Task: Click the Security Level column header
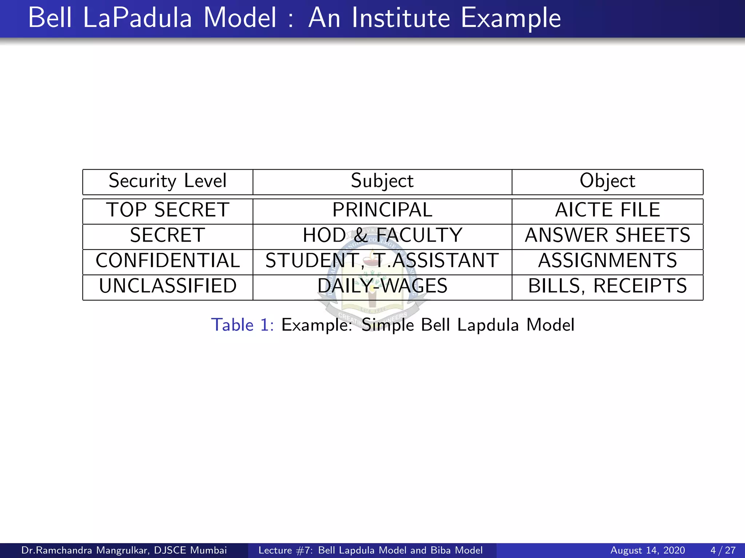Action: [x=168, y=181]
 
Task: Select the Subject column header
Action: [x=382, y=181]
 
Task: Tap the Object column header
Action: [x=607, y=181]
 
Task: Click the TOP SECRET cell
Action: [x=168, y=210]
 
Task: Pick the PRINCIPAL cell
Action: [x=382, y=210]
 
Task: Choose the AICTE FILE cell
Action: [x=607, y=210]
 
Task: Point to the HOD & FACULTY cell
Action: [x=382, y=235]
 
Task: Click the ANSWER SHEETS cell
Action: [x=607, y=235]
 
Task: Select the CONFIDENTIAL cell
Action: [x=168, y=261]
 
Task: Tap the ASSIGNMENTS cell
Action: [x=607, y=261]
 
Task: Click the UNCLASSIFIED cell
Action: [x=168, y=286]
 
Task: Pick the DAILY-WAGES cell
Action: [x=382, y=286]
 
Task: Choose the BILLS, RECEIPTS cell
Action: [x=607, y=286]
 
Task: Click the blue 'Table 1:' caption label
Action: [x=242, y=325]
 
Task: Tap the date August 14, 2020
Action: [x=648, y=550]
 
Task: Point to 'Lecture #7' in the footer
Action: [x=285, y=550]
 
